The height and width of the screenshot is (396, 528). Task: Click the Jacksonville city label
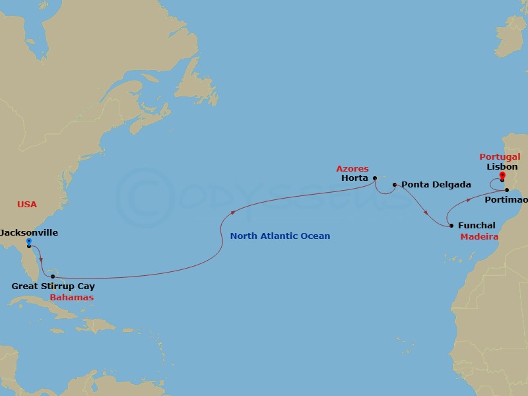point(29,233)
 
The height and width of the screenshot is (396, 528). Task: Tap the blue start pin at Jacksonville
point(29,242)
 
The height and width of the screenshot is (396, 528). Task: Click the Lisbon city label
point(502,167)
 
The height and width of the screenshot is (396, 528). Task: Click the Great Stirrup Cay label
point(53,286)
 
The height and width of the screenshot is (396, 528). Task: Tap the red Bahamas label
point(71,298)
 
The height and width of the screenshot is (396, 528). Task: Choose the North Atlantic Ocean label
point(280,236)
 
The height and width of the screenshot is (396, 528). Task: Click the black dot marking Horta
point(375,177)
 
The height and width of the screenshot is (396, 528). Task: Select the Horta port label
point(355,178)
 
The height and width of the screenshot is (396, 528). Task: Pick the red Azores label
point(352,169)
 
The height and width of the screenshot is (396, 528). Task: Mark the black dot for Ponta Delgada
point(394,185)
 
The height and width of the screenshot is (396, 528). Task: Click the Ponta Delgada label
point(427,185)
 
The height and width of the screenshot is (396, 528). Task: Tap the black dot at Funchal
point(451,226)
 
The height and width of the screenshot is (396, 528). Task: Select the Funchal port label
point(477,226)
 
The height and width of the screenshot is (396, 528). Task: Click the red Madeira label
point(478,236)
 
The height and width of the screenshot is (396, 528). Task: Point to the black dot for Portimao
point(506,190)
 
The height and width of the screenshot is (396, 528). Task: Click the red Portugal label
point(500,157)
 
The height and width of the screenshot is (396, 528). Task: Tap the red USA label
point(26,205)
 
